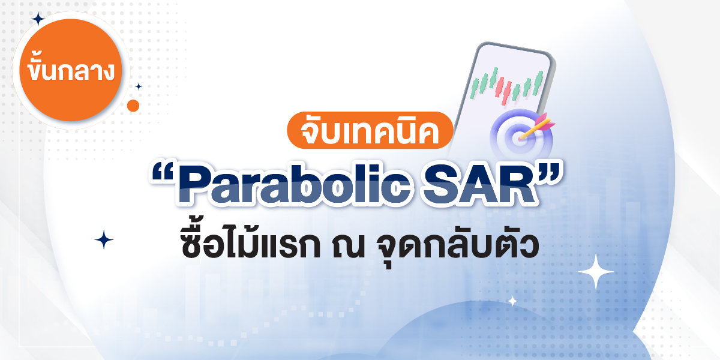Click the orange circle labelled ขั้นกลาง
pyautogui.click(x=71, y=70)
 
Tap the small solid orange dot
pyautogui.click(x=133, y=106)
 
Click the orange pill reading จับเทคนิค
pyautogui.click(x=370, y=130)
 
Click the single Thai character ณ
pyautogui.click(x=349, y=247)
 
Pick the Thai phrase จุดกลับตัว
pyautogui.click(x=457, y=247)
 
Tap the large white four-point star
pyautogui.click(x=596, y=272)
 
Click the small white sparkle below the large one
pyautogui.click(x=512, y=301)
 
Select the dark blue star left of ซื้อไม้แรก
pyautogui.click(x=104, y=240)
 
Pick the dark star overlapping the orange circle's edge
pyautogui.click(x=38, y=19)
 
